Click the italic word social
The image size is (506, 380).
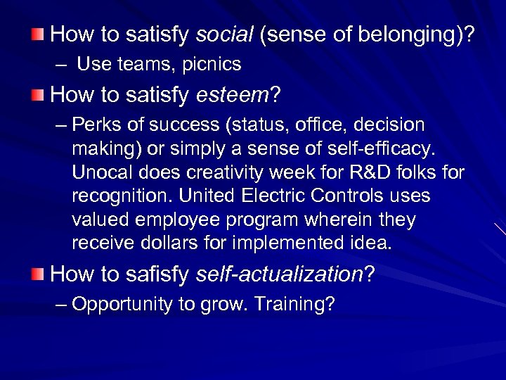click(x=225, y=34)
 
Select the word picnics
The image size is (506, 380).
click(x=212, y=65)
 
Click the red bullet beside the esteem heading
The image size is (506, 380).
click(x=38, y=94)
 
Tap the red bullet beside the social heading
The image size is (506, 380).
click(x=38, y=33)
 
